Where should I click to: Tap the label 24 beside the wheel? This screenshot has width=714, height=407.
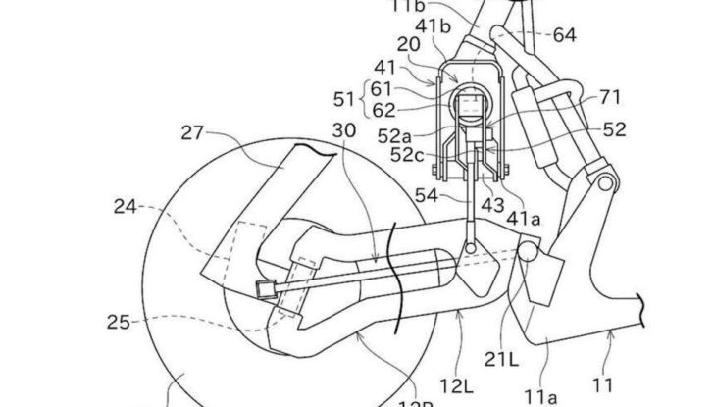(125, 207)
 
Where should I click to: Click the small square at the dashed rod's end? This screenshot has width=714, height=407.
(263, 288)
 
